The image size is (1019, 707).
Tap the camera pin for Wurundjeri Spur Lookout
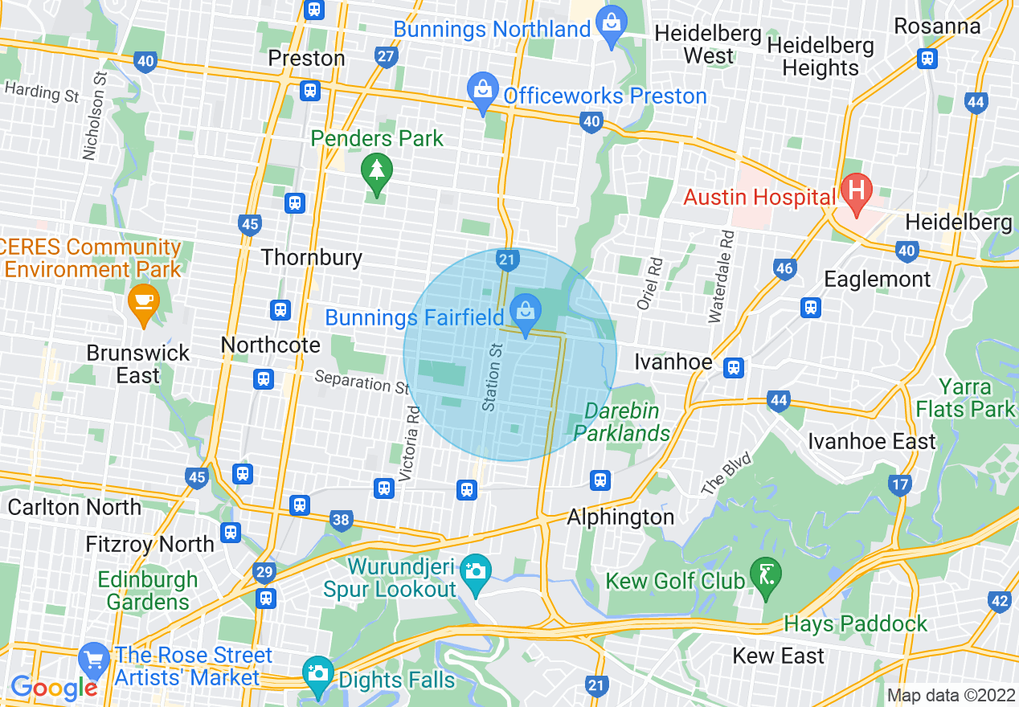(x=476, y=573)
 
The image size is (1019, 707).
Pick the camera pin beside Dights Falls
(x=317, y=674)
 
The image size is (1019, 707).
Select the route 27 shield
(x=386, y=56)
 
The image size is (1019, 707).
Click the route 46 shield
(x=784, y=269)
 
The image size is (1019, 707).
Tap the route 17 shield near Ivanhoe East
(x=900, y=484)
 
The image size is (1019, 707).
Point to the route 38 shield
(x=341, y=520)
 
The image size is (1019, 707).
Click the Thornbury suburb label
(x=312, y=257)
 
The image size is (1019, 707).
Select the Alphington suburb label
(x=620, y=517)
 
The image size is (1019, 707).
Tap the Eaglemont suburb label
(x=878, y=279)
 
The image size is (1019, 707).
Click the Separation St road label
(x=362, y=382)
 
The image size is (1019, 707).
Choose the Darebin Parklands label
(x=621, y=422)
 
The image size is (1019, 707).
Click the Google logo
(x=53, y=687)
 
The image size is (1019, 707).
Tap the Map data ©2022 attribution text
(x=950, y=695)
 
